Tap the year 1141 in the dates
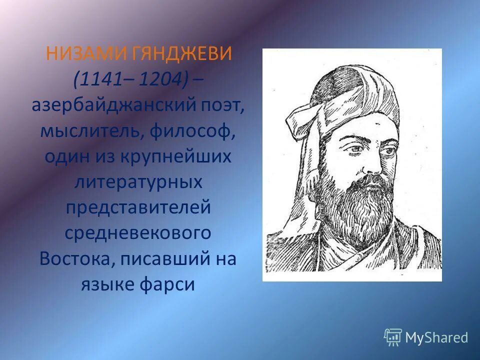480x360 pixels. [97, 79]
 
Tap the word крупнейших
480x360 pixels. [175, 157]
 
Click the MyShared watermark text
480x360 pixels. [436, 337]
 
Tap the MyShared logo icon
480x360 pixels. [392, 337]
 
